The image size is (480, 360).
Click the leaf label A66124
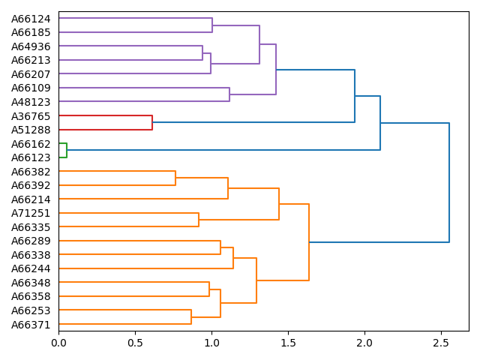[x=31, y=19]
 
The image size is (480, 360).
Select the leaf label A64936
[x=31, y=46]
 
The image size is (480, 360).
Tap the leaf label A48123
[x=31, y=102]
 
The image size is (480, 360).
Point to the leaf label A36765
[x=31, y=116]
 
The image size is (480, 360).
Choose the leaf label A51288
[x=31, y=130]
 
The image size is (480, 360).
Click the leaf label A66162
[x=31, y=144]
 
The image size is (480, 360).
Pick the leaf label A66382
[x=31, y=172]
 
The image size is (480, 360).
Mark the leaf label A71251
[x=31, y=213]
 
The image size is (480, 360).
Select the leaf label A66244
[x=31, y=268]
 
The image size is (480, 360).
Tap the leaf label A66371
[x=31, y=324]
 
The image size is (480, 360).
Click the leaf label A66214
[x=31, y=199]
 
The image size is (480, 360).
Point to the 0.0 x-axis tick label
[x=58, y=343]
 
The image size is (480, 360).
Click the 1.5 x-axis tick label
[x=288, y=343]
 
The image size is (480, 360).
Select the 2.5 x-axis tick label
[x=441, y=343]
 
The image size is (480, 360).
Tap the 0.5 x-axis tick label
[x=135, y=343]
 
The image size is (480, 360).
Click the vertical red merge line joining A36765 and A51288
[x=152, y=123]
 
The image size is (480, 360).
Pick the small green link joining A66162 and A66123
[x=66, y=151]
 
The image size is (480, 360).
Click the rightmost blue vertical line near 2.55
[x=449, y=182]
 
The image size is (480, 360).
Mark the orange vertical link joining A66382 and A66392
[x=175, y=178]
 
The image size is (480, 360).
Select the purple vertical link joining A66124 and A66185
[x=212, y=25]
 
